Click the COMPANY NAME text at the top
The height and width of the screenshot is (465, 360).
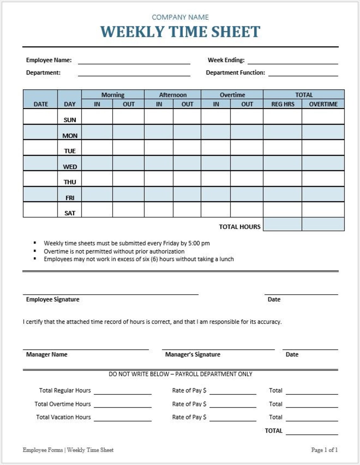pos(180,17)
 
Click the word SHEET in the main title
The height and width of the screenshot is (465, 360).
pos(236,32)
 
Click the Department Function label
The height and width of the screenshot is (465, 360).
pos(235,73)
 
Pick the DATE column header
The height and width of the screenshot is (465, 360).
pos(41,104)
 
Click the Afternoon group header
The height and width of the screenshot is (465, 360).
pos(173,95)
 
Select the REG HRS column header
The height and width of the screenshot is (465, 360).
pos(283,104)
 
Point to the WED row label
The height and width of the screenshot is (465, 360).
pos(70,166)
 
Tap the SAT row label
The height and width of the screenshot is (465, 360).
pos(70,213)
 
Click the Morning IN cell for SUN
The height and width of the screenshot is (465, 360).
pos(97,116)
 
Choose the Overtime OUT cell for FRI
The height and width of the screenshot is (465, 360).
pos(247,194)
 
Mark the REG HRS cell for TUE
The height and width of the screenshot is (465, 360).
pos(283,147)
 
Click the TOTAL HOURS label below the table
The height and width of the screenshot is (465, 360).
pos(240,227)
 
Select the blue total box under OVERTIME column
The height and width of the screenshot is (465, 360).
pos(323,224)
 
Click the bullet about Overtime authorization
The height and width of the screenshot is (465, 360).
pos(114,251)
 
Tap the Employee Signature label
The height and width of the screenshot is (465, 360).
pos(53,299)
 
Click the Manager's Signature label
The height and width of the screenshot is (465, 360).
pos(193,355)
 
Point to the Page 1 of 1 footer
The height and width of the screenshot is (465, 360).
pos(324,450)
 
